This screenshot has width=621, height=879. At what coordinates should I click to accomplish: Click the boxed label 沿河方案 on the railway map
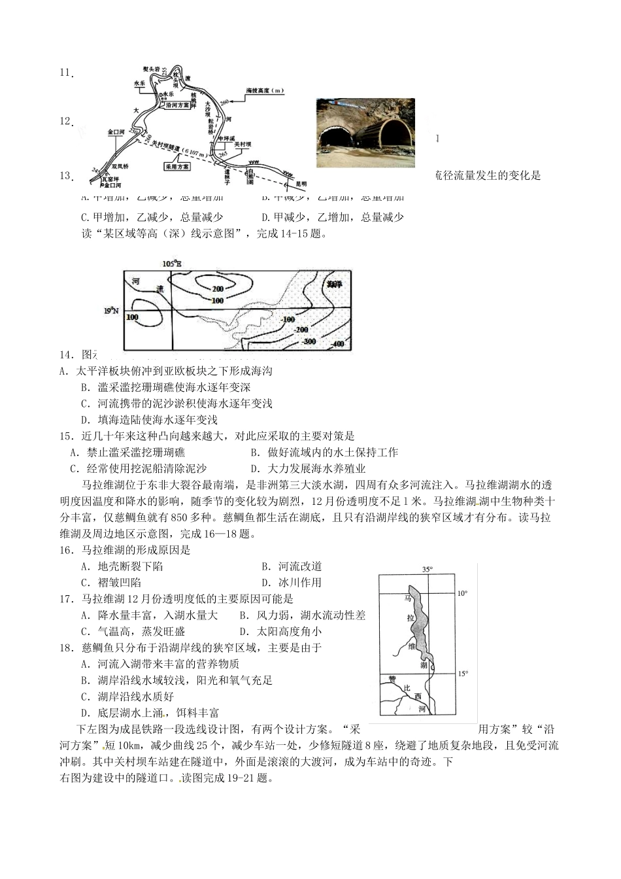click(x=178, y=104)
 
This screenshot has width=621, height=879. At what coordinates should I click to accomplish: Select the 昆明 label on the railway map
click(x=301, y=183)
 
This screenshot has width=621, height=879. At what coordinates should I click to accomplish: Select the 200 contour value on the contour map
click(x=218, y=288)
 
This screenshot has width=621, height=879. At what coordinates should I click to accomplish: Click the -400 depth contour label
click(x=337, y=344)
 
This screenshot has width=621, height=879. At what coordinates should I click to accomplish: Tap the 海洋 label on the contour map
click(x=335, y=284)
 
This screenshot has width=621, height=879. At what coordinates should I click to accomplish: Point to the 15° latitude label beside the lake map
click(x=463, y=674)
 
